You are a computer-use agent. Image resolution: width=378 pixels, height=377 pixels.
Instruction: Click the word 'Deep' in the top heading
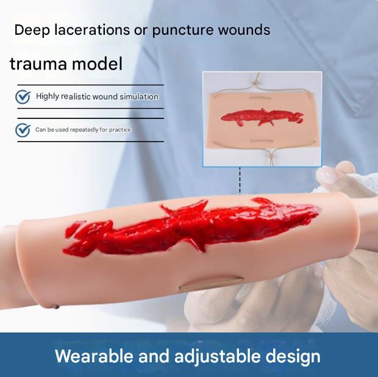(x=32, y=31)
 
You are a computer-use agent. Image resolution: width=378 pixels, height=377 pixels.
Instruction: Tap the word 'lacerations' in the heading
(x=92, y=30)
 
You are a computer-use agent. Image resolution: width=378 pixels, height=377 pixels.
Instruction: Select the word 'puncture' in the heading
(x=183, y=31)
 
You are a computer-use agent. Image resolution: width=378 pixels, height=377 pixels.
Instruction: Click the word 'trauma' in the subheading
(x=38, y=63)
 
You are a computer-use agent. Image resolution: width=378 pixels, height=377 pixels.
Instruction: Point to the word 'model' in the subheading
(x=97, y=63)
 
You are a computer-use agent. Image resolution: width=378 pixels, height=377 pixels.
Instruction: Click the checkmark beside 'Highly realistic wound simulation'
(x=23, y=97)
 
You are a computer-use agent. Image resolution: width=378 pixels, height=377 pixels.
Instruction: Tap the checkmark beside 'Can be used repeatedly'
(x=23, y=130)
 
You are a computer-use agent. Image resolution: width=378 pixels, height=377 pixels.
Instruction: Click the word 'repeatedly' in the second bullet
(x=84, y=130)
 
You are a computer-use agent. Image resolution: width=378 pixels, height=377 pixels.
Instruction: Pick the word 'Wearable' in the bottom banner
(x=94, y=356)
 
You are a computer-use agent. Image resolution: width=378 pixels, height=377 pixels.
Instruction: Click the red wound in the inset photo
(x=262, y=117)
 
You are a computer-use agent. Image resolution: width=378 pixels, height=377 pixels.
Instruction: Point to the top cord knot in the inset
(x=254, y=84)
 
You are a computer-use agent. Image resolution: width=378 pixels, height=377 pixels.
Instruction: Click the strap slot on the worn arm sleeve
(x=211, y=284)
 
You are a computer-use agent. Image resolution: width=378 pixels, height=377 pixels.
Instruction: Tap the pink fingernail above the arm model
(x=326, y=174)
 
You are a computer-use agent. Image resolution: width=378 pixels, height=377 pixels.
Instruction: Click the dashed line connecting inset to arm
(x=240, y=181)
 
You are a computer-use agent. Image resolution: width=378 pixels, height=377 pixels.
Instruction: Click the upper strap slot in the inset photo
(x=259, y=98)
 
